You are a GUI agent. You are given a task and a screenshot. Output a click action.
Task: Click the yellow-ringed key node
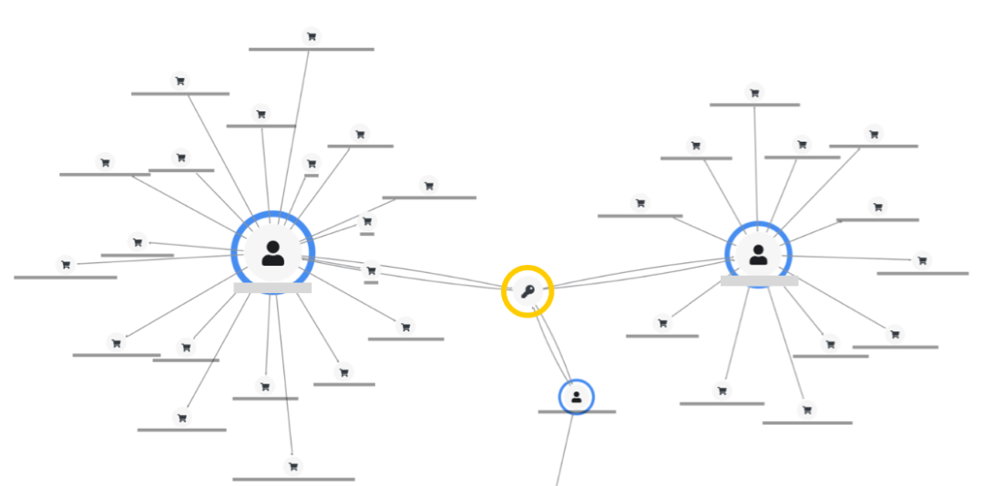[528, 291]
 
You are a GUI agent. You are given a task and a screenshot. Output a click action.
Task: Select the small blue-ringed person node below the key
[576, 397]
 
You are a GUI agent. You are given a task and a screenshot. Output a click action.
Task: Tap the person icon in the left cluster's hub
[272, 253]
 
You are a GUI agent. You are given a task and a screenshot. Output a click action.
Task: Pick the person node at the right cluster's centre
[758, 255]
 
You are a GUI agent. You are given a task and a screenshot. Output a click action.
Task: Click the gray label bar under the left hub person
[272, 288]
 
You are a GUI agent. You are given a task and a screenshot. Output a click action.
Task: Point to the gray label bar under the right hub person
[759, 281]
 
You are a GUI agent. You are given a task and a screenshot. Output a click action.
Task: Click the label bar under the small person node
[577, 412]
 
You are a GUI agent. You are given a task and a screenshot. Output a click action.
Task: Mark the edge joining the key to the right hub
[638, 273]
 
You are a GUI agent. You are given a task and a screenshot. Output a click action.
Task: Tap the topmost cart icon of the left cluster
[312, 36]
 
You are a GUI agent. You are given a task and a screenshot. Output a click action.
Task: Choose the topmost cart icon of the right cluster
[754, 92]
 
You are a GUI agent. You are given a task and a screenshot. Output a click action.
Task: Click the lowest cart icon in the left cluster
[292, 466]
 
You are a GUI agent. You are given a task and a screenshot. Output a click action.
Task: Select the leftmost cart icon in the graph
[66, 265]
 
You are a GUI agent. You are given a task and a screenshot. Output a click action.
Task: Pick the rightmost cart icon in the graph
[922, 260]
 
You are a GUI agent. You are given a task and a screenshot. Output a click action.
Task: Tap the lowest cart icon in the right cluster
[807, 410]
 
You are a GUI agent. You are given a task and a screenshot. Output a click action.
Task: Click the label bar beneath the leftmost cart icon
[66, 277]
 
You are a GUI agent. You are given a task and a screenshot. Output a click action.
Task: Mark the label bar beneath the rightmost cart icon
[922, 273]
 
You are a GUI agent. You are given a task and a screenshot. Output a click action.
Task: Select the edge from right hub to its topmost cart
[755, 164]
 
